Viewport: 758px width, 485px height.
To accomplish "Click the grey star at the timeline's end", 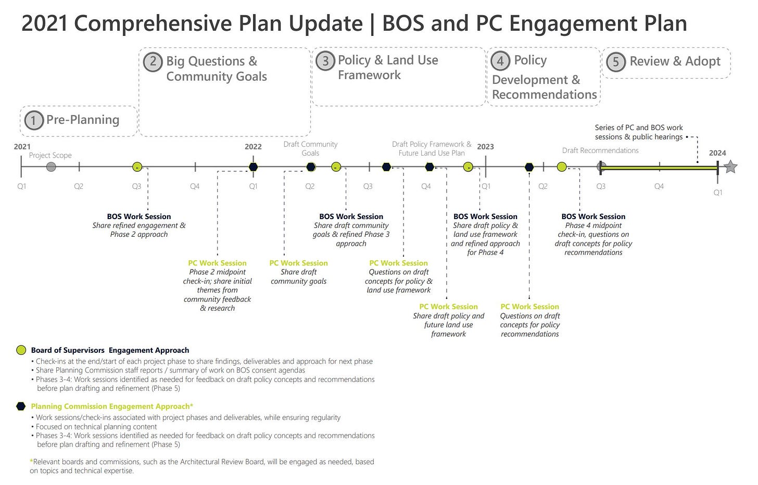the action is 730,167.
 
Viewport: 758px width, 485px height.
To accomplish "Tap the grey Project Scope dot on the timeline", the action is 51,167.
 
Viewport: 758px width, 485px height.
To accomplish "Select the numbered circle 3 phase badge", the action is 325,61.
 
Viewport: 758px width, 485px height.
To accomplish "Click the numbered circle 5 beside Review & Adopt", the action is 615,62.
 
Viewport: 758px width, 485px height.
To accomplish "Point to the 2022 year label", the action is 253,147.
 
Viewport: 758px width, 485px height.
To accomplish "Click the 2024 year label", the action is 717,153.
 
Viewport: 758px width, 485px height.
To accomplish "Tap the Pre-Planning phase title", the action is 83,120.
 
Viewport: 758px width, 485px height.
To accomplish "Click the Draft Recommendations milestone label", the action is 600,150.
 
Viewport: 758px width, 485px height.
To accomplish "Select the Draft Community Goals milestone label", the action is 310,149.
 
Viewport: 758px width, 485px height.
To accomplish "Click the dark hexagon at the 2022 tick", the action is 253,167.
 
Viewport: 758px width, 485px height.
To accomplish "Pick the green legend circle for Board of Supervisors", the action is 21,350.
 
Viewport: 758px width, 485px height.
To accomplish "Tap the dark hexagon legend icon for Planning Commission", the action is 21,406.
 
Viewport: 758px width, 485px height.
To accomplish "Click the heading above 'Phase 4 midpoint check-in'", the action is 593,216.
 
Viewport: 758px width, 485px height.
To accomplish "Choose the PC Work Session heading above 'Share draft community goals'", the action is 298,263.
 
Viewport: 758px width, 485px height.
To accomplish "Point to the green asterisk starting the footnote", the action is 31,461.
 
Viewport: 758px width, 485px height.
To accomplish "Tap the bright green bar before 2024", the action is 659,168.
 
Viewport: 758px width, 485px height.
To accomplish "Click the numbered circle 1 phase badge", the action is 34,120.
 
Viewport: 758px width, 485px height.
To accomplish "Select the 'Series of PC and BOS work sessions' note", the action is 639,132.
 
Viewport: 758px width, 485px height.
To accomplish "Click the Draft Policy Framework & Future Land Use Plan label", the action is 432,149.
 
